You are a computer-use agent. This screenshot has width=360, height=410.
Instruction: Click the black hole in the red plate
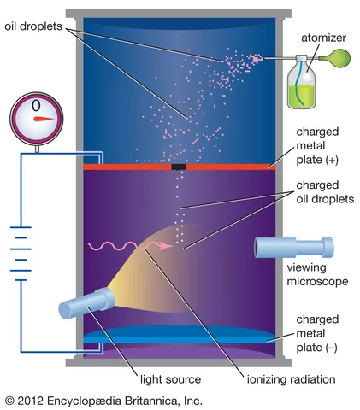(x=179, y=167)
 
